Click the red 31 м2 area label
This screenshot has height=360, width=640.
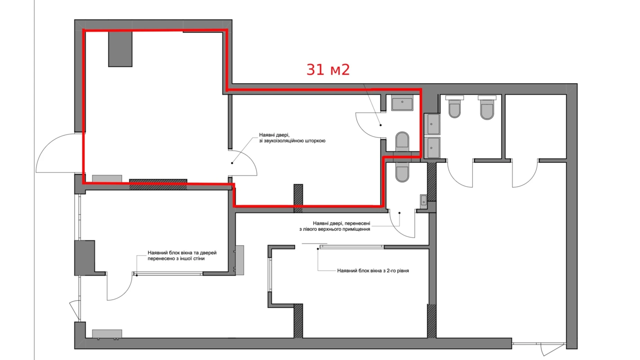(328, 70)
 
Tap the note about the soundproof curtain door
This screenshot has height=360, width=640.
(292, 138)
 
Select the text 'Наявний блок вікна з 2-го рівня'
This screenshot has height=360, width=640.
(373, 271)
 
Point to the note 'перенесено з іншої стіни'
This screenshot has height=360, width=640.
(176, 259)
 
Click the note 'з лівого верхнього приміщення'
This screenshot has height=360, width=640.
(335, 229)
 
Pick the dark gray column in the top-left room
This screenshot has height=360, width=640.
(120, 49)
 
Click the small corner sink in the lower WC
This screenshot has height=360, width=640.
(423, 201)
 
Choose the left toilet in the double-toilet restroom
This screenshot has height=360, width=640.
(454, 107)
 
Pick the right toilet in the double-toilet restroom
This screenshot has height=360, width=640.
(487, 108)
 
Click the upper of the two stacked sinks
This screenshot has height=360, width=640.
(432, 124)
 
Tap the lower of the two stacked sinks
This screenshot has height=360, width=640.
(432, 148)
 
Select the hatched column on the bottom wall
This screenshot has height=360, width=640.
(298, 321)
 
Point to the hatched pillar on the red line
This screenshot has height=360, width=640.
(298, 198)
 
